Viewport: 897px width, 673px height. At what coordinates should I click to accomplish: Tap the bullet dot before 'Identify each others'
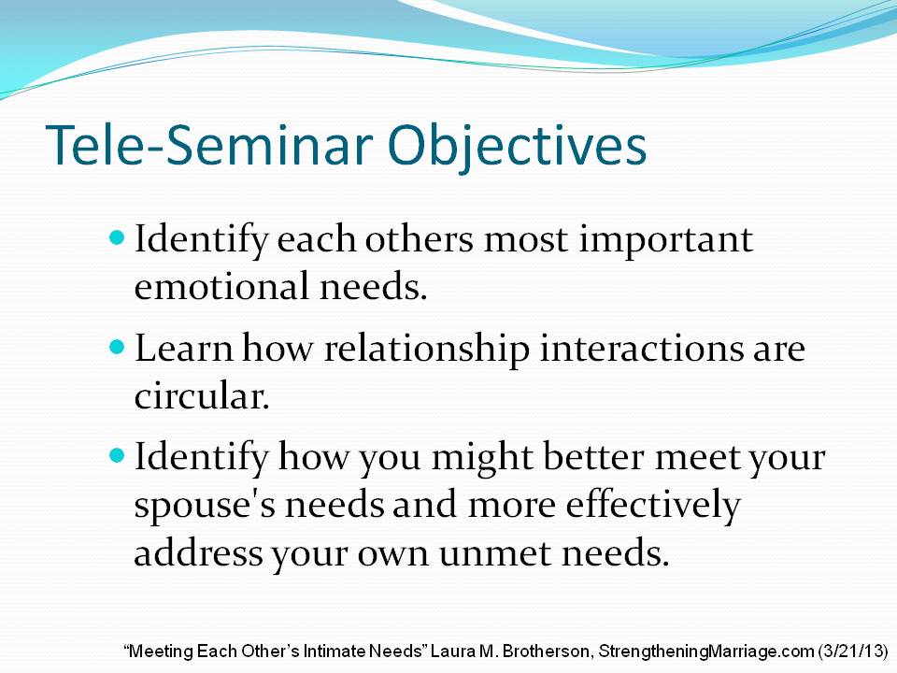pos(117,236)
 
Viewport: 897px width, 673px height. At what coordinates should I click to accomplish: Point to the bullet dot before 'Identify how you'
pos(117,455)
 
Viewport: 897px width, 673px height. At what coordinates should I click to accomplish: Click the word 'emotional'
pos(221,286)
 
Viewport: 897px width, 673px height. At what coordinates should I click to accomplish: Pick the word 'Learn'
pos(184,348)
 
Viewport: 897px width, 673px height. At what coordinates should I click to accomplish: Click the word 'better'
pos(593,457)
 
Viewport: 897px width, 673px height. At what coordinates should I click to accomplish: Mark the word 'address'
pos(198,552)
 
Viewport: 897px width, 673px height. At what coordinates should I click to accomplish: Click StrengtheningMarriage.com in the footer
pos(706,652)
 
